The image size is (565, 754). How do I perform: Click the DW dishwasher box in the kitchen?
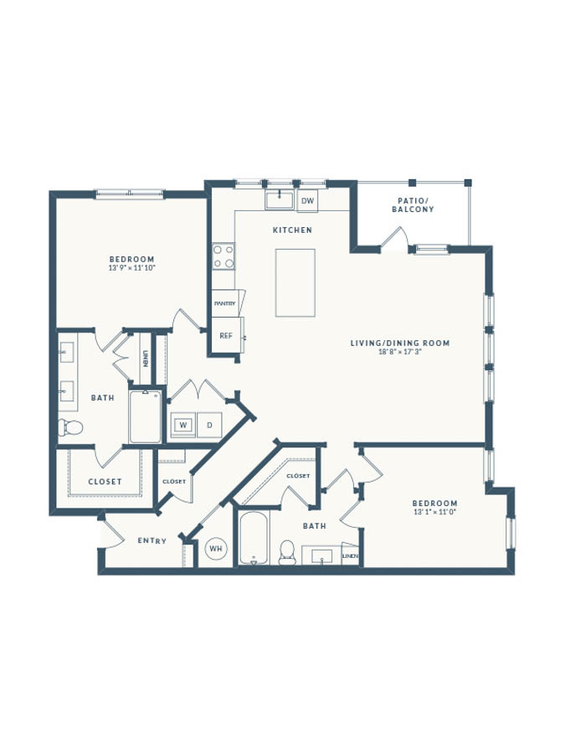coord(307,200)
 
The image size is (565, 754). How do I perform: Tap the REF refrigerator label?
coord(226,336)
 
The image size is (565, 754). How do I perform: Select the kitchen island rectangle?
coord(295,283)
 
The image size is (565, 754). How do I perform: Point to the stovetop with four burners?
coord(223,256)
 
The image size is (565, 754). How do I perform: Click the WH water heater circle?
coord(216,548)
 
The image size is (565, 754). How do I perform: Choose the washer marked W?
coord(183,425)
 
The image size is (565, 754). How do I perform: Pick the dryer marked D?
coord(209,425)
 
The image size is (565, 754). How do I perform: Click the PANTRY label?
coord(225,304)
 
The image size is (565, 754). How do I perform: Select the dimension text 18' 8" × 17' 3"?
coord(400,352)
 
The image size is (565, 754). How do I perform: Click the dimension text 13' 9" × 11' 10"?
coord(132,268)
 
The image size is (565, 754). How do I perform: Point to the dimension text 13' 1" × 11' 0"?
coord(434,512)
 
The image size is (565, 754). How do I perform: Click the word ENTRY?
coord(152,541)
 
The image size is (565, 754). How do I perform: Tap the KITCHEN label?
coord(293,230)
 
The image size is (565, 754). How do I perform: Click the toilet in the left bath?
coord(70,426)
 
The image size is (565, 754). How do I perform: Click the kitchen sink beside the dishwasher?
coord(279,199)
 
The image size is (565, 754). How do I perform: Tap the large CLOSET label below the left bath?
coord(105,482)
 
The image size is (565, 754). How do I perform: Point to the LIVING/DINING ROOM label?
coord(400,343)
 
